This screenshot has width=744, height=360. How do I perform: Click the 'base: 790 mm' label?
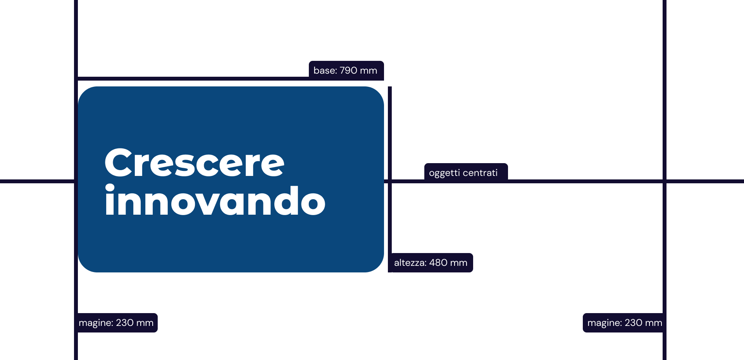[346, 71]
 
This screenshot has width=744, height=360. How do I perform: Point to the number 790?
[348, 71]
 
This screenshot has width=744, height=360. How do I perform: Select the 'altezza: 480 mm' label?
[431, 263]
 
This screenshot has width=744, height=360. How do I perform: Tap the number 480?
[438, 263]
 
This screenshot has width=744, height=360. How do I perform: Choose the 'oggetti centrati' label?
[466, 172]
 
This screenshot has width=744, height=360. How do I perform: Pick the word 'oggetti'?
[444, 173]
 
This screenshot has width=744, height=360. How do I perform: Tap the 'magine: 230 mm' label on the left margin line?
[117, 323]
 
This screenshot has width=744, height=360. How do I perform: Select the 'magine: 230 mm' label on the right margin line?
[624, 323]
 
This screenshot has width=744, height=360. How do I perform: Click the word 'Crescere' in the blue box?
[195, 163]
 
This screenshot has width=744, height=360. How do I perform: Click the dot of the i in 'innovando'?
[110, 188]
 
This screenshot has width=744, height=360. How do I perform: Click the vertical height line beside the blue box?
[390, 179]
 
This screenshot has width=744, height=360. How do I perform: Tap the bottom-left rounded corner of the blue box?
[83, 267]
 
